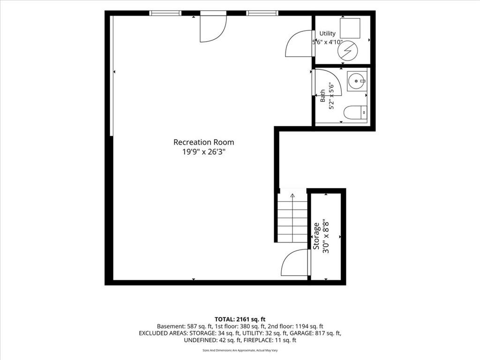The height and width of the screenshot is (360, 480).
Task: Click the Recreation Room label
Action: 203,142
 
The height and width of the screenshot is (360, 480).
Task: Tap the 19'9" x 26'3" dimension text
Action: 203,151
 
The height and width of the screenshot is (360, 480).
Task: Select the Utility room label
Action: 327,33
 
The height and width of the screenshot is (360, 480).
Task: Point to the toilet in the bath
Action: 355,112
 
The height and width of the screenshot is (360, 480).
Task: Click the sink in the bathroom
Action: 357,81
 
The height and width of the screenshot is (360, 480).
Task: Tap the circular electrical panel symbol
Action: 347,51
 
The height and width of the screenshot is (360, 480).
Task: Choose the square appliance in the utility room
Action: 350,28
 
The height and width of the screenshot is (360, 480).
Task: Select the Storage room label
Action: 316,236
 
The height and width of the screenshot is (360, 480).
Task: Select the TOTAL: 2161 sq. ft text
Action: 240,320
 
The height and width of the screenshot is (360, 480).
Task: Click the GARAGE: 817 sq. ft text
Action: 315,333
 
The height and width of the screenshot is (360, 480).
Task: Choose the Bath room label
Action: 322,96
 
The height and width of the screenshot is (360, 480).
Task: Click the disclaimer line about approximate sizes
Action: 240,350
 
